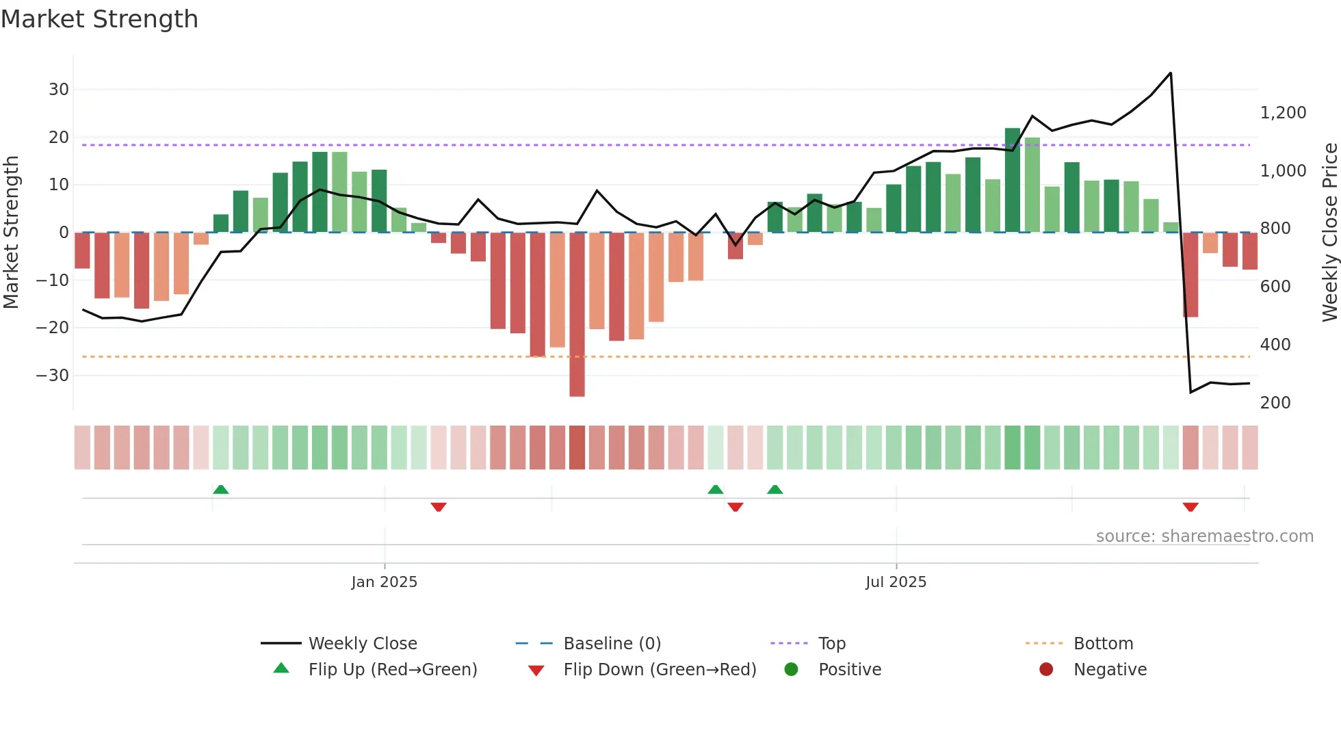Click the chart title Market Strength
click(x=99, y=19)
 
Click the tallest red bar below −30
click(x=577, y=315)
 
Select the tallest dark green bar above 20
click(x=1013, y=179)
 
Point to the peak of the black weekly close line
click(x=1171, y=73)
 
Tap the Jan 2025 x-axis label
click(x=384, y=582)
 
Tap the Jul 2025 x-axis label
click(x=896, y=582)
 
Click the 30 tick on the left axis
click(x=59, y=90)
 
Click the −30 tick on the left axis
click(x=53, y=376)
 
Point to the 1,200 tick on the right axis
click(x=1283, y=113)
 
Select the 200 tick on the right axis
click(x=1275, y=403)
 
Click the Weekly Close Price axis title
click(x=1329, y=233)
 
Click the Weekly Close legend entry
click(x=362, y=644)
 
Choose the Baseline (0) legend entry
click(x=612, y=644)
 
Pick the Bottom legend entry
click(x=1103, y=644)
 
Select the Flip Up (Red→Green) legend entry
click(x=392, y=670)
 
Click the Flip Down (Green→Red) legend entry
click(x=660, y=670)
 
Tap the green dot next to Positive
click(x=791, y=670)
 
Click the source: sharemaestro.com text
click(x=1204, y=536)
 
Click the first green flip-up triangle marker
click(x=220, y=490)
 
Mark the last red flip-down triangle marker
click(x=1190, y=507)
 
